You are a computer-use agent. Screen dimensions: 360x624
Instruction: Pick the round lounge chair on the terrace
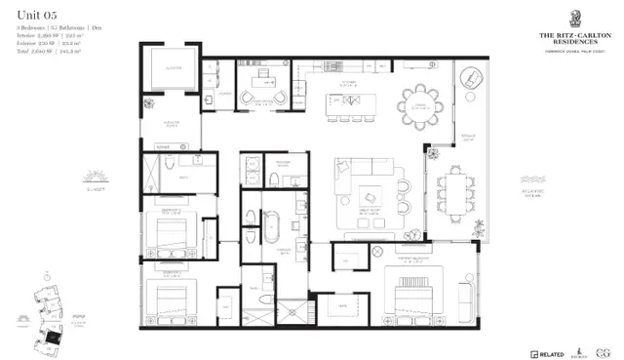pos(469,78)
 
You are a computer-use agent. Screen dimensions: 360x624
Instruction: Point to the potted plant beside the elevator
pos(147,101)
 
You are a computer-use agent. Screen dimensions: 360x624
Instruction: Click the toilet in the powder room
pos(276,180)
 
